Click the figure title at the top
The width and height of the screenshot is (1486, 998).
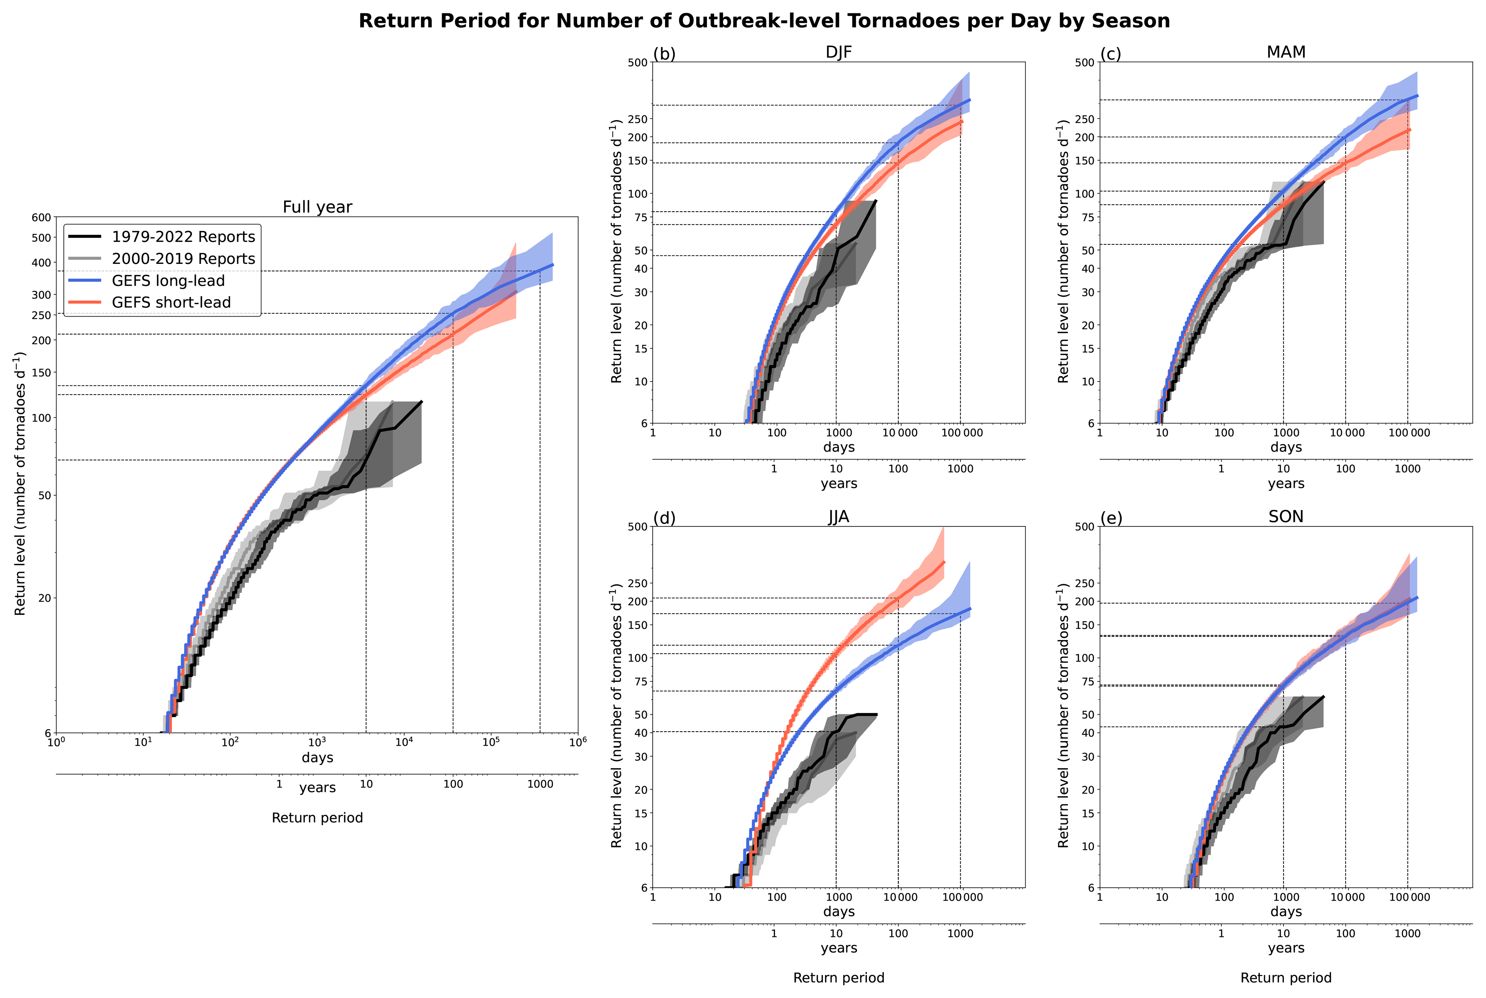coord(764,21)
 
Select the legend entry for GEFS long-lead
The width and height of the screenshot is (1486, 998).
coord(168,281)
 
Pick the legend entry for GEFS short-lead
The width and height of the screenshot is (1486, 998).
coord(171,302)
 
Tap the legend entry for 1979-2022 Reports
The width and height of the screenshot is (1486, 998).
coord(183,237)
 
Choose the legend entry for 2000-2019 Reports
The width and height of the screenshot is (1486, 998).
coord(183,258)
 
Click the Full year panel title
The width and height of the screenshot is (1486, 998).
coord(317,207)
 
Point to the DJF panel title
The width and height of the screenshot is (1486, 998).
coord(839,52)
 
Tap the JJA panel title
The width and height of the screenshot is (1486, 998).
coord(839,517)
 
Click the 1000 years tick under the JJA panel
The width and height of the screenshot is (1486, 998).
coord(960,934)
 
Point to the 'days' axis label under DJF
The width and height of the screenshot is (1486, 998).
coord(839,448)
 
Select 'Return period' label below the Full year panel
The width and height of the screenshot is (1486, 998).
coord(317,818)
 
